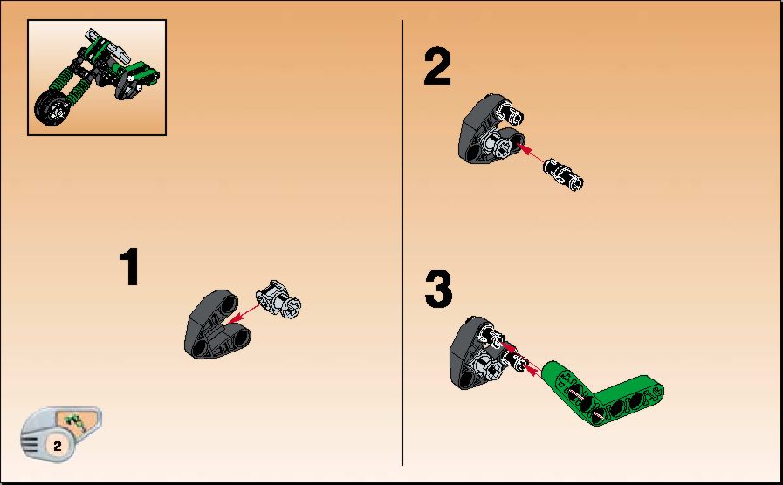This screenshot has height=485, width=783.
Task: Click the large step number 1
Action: [130, 268]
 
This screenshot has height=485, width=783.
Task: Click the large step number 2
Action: [437, 66]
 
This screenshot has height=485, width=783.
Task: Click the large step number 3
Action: [438, 290]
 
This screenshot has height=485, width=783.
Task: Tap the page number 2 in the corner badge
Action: [58, 446]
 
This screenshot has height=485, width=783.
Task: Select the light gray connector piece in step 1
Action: [278, 298]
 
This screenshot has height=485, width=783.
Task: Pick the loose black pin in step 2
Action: [563, 174]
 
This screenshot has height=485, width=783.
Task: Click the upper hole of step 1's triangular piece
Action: [229, 303]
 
